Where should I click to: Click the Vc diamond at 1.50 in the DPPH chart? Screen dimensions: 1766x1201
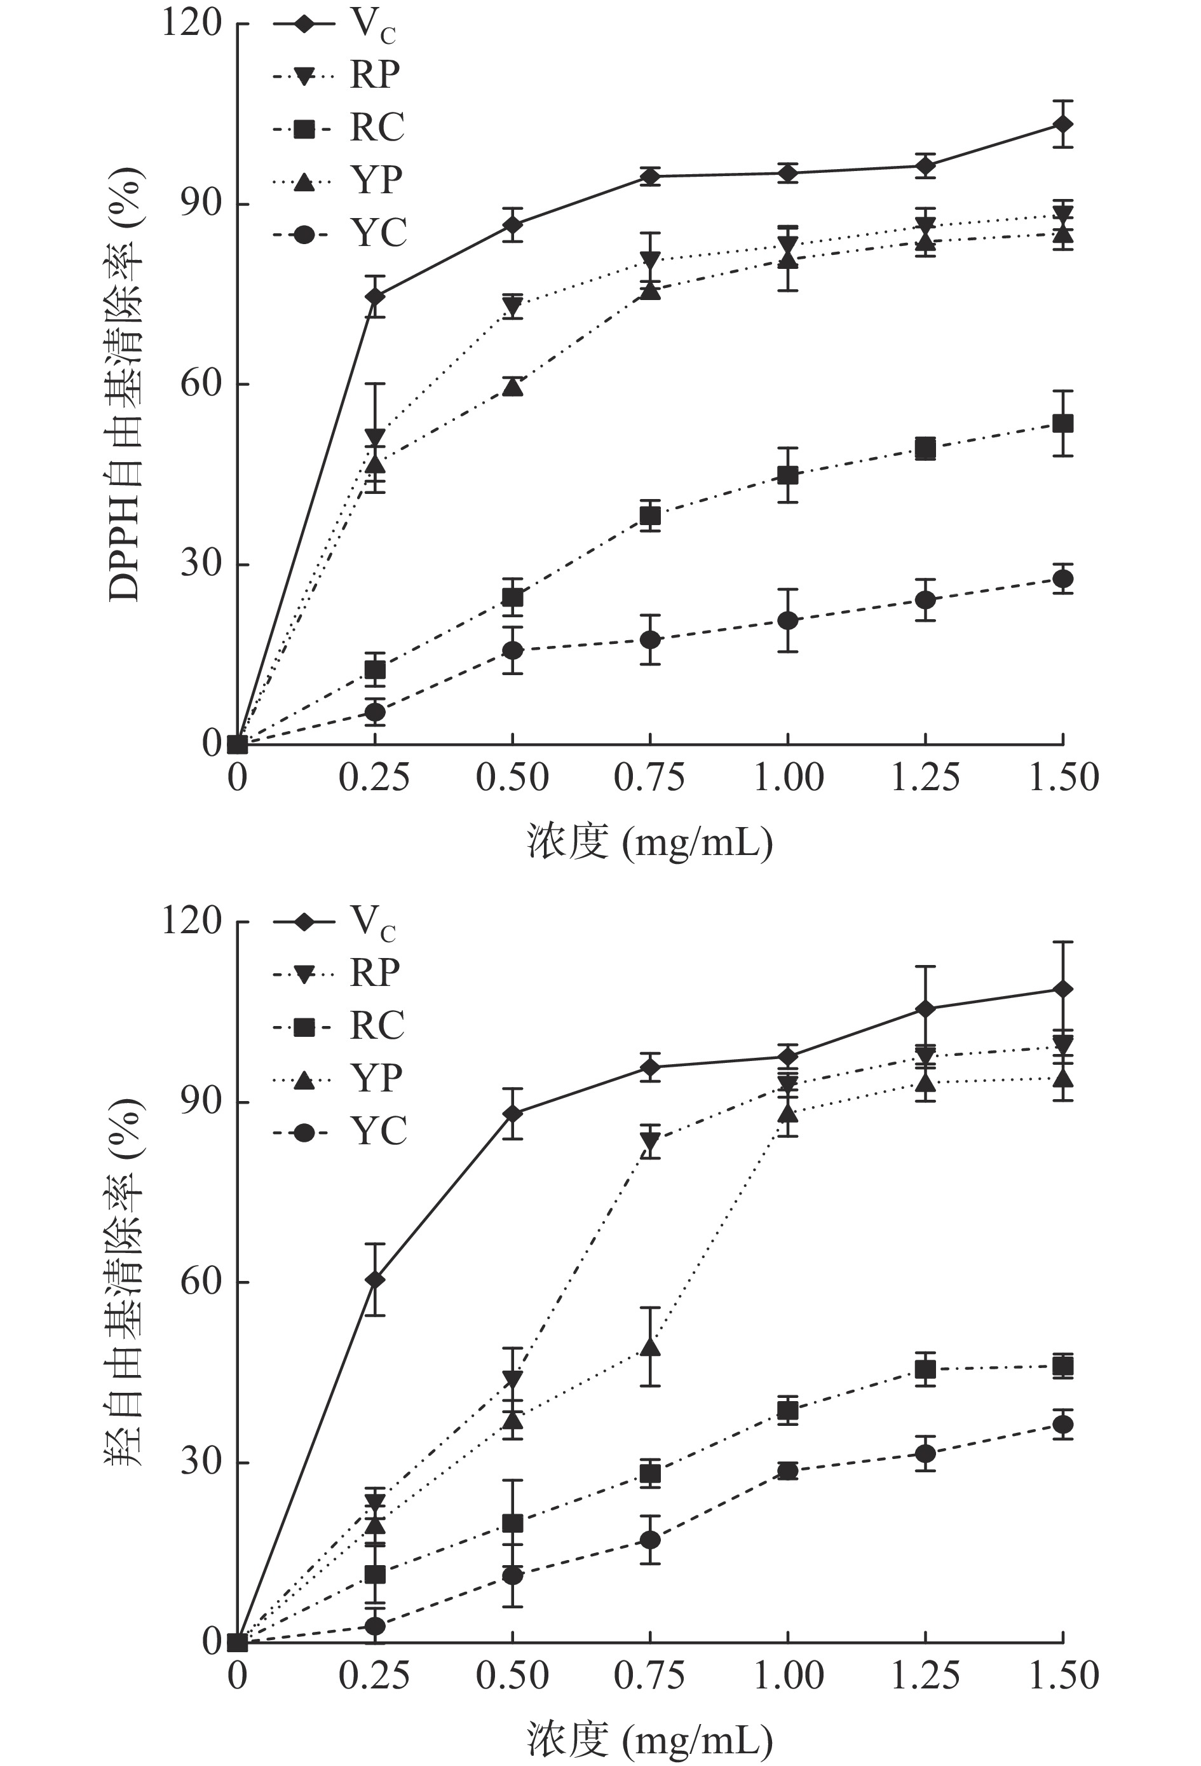coord(1062,124)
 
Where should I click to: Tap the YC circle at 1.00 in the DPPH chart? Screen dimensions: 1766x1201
coord(788,620)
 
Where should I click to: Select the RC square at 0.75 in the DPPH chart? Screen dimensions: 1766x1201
coord(649,517)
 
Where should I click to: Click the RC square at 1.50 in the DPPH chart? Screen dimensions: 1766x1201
coord(1062,423)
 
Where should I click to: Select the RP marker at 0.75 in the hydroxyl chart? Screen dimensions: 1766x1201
coord(649,1140)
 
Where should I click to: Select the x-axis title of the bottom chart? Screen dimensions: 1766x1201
coord(649,1739)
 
